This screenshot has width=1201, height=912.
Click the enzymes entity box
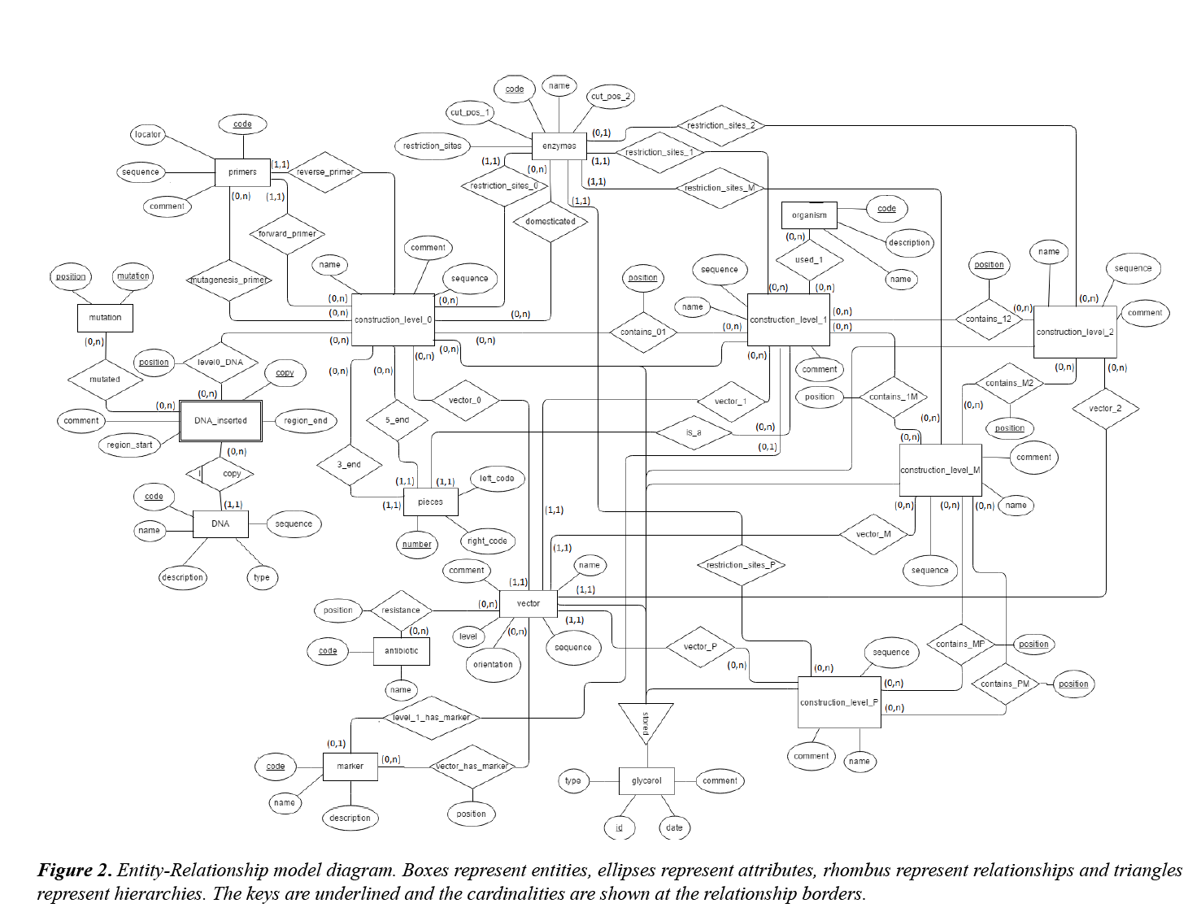tap(559, 146)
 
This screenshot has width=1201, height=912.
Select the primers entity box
tap(242, 172)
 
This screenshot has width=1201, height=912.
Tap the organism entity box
tap(809, 215)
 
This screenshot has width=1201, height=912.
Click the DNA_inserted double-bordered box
tap(220, 421)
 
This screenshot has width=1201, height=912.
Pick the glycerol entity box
tap(646, 781)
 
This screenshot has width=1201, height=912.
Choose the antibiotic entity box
tap(401, 651)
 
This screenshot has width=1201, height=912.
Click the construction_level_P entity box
tap(839, 702)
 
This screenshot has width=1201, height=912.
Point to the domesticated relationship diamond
tap(550, 221)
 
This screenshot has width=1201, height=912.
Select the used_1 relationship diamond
tap(809, 260)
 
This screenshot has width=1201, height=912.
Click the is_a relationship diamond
tap(694, 432)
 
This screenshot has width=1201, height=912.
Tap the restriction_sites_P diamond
tap(741, 565)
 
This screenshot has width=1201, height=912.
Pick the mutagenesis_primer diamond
tap(230, 280)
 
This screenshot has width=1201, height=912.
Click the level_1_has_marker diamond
tap(431, 718)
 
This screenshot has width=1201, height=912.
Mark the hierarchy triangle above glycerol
tap(646, 721)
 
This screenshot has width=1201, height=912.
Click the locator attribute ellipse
tap(148, 135)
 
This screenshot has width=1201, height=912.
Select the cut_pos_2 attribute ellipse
tap(611, 97)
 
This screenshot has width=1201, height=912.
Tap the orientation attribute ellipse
tap(493, 665)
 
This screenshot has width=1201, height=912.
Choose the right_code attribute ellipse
tap(487, 541)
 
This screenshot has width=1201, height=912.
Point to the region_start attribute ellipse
tap(129, 445)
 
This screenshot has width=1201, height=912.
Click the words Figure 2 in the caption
tap(74, 871)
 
